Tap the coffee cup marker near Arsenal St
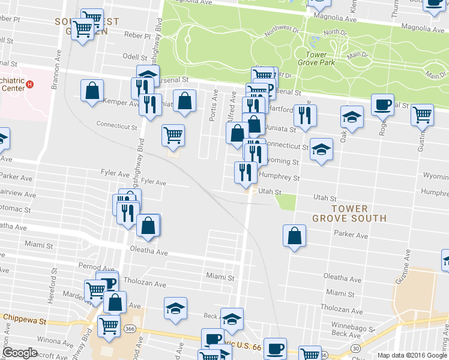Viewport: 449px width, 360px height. (382, 105)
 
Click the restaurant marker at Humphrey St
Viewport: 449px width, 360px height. (245, 173)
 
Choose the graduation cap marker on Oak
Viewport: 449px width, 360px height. (352, 117)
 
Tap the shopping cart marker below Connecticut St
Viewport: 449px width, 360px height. (173, 135)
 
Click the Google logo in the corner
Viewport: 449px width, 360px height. (20, 353)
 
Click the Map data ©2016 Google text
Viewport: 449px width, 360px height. (412, 355)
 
